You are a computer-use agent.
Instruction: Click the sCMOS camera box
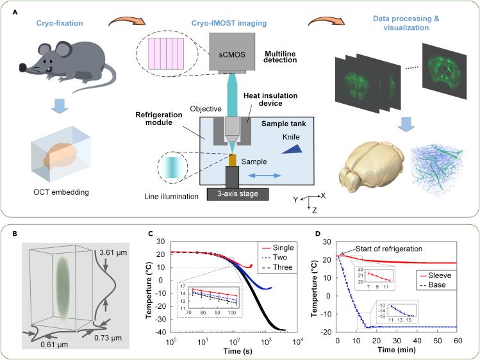[x=231, y=54]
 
